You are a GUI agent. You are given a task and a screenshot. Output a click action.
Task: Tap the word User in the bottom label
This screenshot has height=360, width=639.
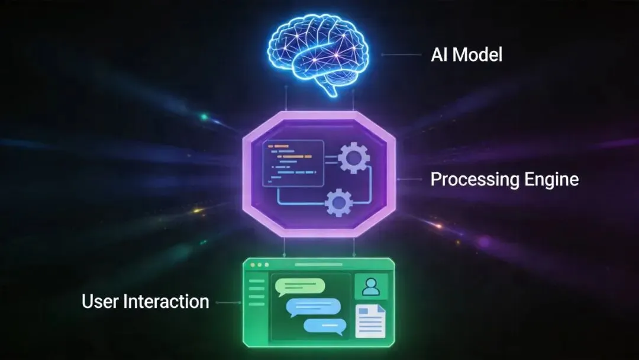coord(100,301)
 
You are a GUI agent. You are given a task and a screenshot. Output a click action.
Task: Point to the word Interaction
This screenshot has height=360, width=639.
coord(166,301)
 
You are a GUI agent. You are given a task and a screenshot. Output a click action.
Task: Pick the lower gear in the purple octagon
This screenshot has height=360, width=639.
coord(339,203)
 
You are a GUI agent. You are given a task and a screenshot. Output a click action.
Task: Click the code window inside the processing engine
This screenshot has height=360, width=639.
coord(292,163)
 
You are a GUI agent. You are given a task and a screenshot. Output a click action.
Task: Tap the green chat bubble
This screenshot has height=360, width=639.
coord(300,287)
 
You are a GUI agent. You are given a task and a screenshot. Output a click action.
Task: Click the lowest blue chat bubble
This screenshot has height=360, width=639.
coord(324,325)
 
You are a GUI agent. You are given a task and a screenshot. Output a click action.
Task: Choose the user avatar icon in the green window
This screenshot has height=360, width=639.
coord(371,287)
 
